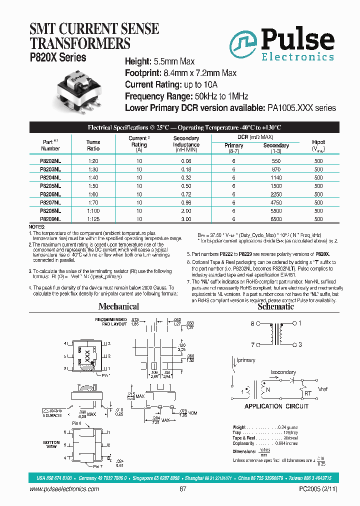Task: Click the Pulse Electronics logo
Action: coord(282,43)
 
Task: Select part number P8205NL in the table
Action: coord(50,185)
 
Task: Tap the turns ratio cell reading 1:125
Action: coord(93,219)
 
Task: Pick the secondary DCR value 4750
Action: coord(276,202)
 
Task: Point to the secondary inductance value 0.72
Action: coord(186,194)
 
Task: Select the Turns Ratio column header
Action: coord(93,145)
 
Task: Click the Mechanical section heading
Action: coord(118,306)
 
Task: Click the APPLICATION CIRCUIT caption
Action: coord(276,406)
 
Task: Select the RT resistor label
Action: coord(307,394)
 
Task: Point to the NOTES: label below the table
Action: coord(37,227)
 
